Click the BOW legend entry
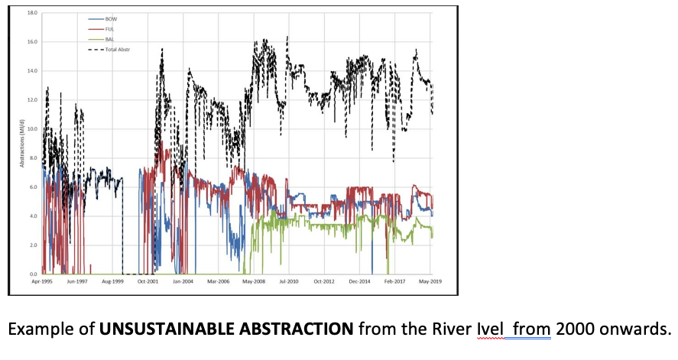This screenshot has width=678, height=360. click(x=112, y=18)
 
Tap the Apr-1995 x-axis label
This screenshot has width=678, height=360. click(x=41, y=281)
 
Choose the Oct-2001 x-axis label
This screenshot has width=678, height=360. click(x=147, y=281)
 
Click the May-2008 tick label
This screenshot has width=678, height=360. click(x=253, y=281)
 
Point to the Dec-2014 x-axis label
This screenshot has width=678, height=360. click(x=359, y=281)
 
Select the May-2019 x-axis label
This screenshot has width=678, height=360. click(x=430, y=281)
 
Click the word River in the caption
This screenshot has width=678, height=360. click(x=451, y=330)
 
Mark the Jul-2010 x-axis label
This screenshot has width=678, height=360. click(x=289, y=281)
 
